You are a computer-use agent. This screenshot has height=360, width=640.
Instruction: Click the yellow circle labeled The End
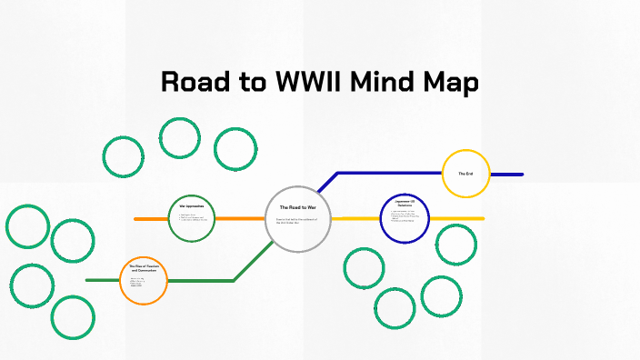466,174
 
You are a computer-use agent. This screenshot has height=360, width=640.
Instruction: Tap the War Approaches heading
191,206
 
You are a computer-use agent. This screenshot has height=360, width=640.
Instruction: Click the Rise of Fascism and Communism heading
144,269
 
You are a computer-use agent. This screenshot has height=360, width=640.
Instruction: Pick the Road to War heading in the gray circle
297,207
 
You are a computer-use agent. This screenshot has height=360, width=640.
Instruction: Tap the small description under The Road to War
295,222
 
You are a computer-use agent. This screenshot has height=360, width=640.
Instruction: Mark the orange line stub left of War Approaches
150,219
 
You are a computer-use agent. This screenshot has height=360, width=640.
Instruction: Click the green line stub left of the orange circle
102,280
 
